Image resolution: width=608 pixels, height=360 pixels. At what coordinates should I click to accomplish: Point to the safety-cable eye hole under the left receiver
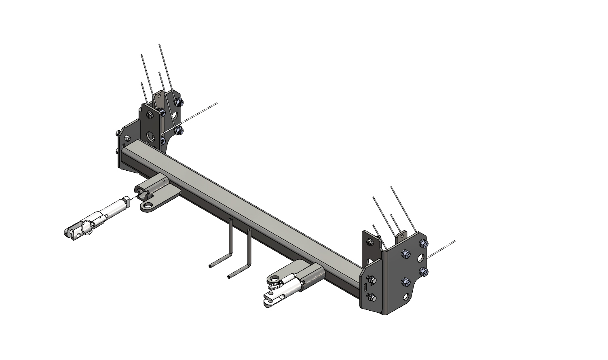tap(149, 207)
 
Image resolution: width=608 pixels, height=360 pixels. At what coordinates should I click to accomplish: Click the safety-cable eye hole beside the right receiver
tap(274, 279)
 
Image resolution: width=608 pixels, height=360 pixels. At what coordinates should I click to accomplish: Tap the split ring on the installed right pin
tap(275, 287)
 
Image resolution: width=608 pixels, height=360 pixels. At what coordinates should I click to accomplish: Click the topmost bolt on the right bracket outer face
tap(422, 243)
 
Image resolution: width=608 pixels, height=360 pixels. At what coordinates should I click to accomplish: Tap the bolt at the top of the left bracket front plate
tap(148, 115)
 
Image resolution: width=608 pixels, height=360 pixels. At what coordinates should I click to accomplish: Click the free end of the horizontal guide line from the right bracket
tap(455, 241)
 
